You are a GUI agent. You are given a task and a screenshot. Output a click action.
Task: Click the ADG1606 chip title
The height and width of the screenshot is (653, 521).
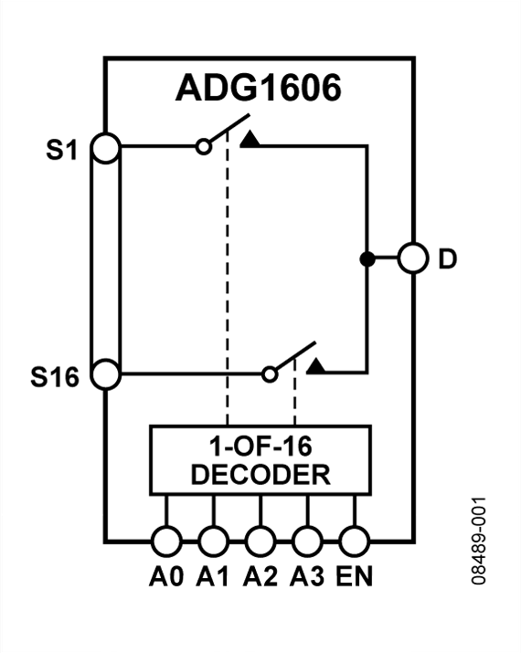258,89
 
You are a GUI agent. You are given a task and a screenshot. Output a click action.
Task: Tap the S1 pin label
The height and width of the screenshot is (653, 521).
62,149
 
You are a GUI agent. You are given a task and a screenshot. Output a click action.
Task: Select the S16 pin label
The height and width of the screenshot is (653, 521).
56,375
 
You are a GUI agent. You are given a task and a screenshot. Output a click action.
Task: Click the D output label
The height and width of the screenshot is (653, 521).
448,259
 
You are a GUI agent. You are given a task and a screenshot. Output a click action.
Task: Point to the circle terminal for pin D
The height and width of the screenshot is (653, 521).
413,259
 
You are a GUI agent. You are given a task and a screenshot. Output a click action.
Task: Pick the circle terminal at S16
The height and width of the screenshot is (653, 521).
107,374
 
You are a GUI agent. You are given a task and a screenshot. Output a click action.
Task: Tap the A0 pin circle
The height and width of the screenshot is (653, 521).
165,541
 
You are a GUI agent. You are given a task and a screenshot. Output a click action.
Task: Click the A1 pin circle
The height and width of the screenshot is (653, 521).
213,541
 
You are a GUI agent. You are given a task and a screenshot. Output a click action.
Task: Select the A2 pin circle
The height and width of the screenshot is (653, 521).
260,541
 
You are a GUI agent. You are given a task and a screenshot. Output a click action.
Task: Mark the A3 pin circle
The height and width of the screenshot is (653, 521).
307,541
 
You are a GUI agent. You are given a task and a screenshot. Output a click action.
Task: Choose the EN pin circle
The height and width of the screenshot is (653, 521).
354,541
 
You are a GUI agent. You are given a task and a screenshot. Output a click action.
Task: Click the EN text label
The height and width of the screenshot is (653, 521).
354,577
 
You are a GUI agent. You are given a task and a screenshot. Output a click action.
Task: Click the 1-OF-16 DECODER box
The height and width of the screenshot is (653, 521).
260,460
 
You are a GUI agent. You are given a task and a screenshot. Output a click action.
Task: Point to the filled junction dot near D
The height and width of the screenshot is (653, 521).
367,259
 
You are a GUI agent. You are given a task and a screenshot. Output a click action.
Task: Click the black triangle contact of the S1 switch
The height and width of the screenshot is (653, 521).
250,139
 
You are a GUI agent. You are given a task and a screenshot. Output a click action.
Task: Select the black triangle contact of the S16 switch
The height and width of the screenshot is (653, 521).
315,367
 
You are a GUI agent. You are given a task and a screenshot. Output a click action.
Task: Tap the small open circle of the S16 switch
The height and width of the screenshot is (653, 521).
269,374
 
